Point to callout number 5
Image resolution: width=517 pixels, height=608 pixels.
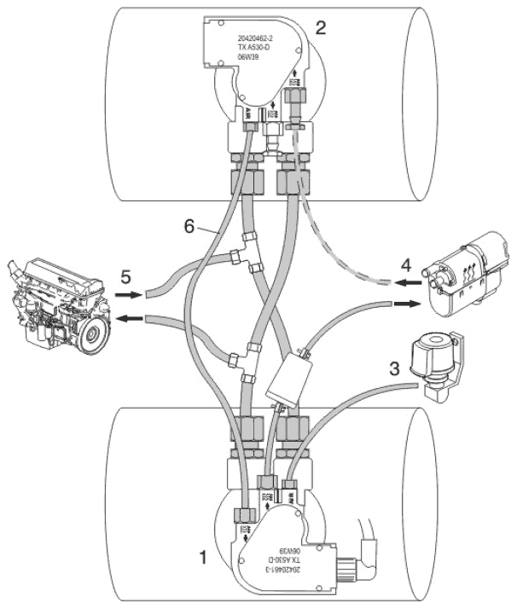point(125,277)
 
